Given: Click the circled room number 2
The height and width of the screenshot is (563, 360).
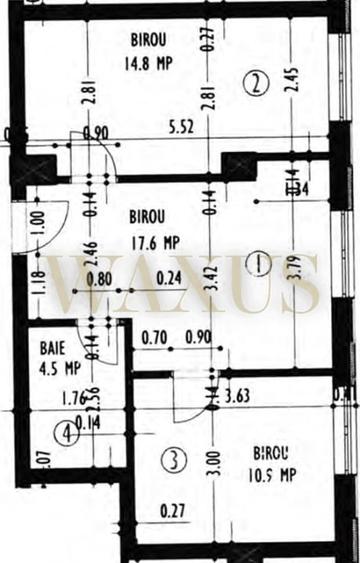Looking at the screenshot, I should (258, 84).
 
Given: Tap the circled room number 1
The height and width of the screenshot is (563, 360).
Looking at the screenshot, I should (258, 265).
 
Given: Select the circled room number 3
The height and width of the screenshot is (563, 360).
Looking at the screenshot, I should (174, 461).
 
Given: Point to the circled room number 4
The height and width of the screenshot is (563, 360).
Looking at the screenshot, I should (66, 434).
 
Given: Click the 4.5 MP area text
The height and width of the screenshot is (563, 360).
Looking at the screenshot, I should (58, 366).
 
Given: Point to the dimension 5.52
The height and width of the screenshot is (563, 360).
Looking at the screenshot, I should (181, 128).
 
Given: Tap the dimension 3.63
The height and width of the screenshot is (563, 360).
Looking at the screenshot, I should (238, 397).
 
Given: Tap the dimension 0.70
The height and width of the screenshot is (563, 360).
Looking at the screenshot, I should (152, 338).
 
